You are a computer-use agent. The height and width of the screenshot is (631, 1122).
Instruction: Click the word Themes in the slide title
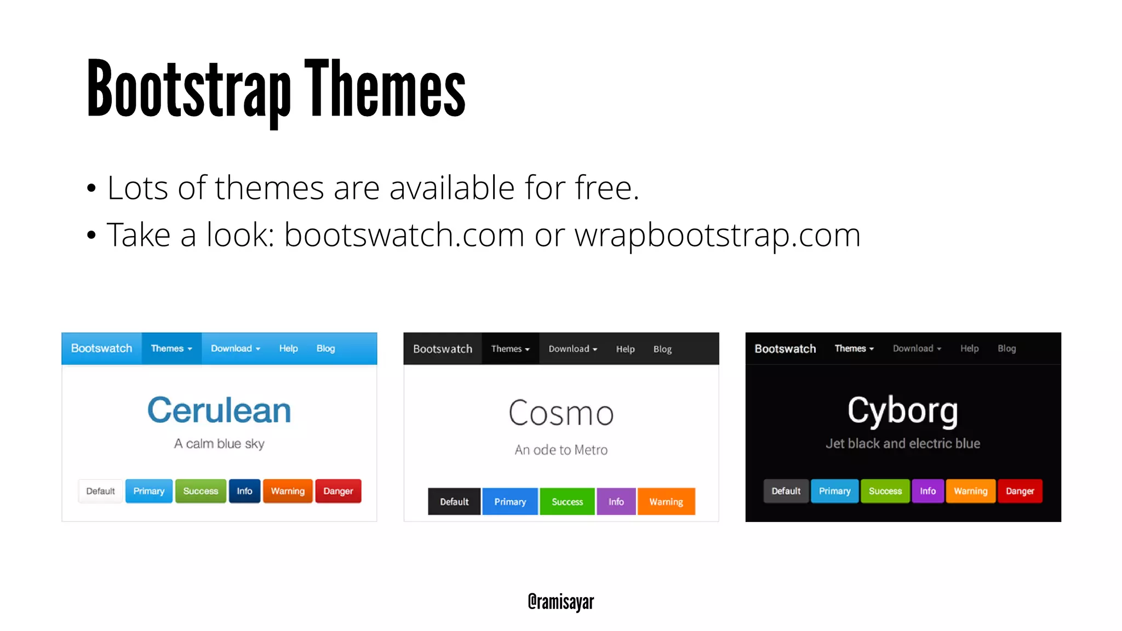[385, 89]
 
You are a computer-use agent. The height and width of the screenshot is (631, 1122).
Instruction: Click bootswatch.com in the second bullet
[404, 235]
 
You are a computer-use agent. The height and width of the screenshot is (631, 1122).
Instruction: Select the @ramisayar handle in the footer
[560, 601]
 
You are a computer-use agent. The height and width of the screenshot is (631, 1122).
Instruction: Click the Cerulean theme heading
[219, 410]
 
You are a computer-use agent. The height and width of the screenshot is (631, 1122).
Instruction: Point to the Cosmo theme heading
[561, 413]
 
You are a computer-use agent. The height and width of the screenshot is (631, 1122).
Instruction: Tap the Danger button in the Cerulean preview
[338, 491]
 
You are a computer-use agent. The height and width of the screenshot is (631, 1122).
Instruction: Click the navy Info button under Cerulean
[244, 491]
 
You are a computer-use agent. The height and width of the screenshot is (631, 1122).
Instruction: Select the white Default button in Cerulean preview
[100, 491]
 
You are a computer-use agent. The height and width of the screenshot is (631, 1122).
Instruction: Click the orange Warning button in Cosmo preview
[666, 502]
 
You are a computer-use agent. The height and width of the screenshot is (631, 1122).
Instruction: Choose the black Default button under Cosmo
[454, 502]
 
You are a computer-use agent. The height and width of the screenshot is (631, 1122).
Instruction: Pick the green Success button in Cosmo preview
[567, 502]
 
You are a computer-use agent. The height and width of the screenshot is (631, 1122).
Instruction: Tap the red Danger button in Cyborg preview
[1020, 491]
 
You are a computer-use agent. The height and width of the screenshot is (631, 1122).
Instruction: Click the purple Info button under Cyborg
[928, 491]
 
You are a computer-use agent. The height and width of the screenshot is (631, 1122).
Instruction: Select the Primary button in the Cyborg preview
[834, 491]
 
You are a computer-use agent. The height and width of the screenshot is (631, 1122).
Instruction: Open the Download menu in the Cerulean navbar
[235, 348]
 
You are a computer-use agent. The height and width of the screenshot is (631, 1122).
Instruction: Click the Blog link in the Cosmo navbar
[662, 349]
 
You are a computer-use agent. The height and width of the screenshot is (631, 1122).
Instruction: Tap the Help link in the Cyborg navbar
[969, 348]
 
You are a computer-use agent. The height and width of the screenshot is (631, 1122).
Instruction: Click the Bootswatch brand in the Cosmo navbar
[443, 349]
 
